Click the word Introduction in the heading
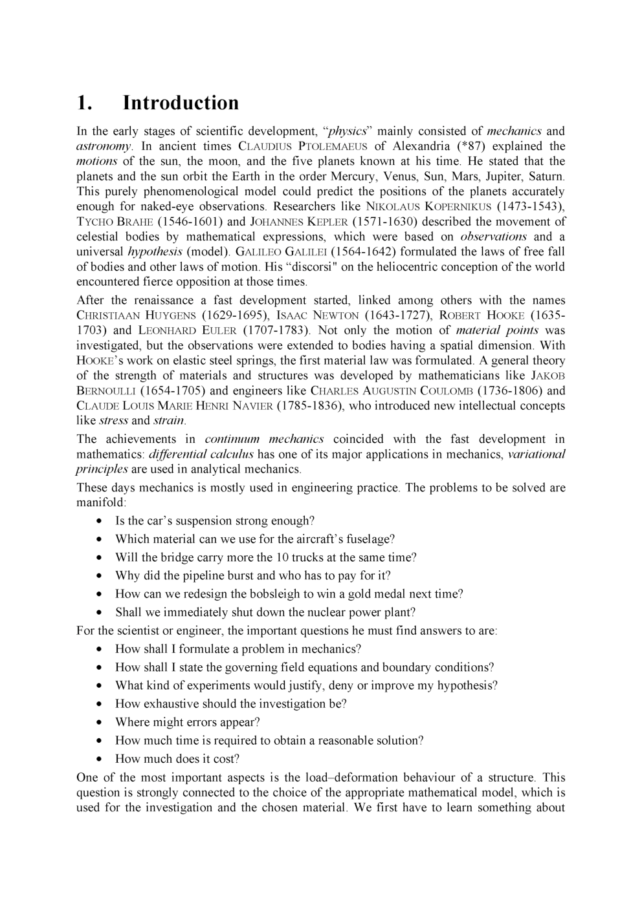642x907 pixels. [x=181, y=103]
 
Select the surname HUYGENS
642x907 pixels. [x=164, y=315]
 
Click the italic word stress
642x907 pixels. [x=113, y=421]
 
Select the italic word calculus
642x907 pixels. [x=231, y=454]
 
